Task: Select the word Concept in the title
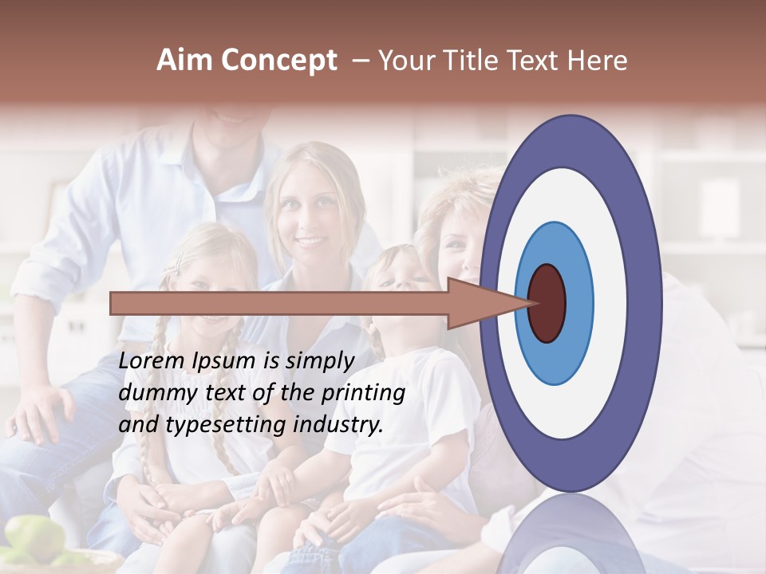click(278, 61)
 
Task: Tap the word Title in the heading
click(472, 61)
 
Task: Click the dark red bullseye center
click(547, 303)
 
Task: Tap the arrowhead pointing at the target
click(487, 303)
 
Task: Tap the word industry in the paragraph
click(337, 425)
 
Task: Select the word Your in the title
click(404, 61)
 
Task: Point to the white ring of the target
click(610, 303)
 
